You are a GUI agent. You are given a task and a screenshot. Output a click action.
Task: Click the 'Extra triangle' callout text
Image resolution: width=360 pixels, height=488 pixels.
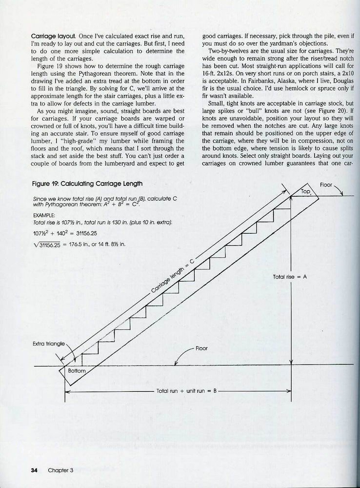[48, 344]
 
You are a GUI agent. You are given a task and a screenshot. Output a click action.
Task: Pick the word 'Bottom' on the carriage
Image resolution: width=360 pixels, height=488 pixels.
[77, 371]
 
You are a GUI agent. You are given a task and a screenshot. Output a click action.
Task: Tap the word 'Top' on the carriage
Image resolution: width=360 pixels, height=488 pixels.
[306, 192]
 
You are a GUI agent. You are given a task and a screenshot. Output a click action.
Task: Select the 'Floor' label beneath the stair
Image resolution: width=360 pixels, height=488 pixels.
[201, 348]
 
